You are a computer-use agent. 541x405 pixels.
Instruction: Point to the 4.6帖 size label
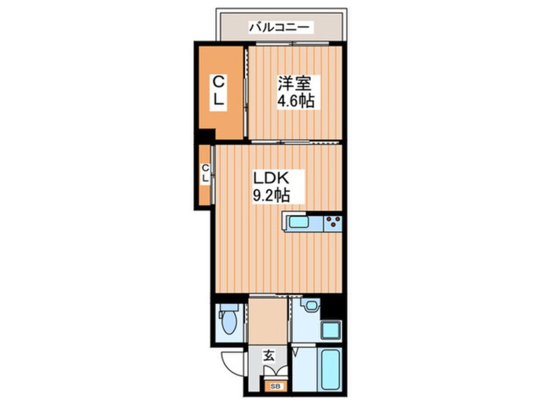point(295,101)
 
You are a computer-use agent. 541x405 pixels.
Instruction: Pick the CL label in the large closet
point(219,90)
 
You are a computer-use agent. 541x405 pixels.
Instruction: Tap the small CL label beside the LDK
point(205,174)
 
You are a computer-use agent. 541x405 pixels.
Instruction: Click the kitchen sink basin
point(300,222)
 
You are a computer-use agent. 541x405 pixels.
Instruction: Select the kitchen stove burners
point(333,223)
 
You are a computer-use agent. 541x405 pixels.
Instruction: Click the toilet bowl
point(228,320)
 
